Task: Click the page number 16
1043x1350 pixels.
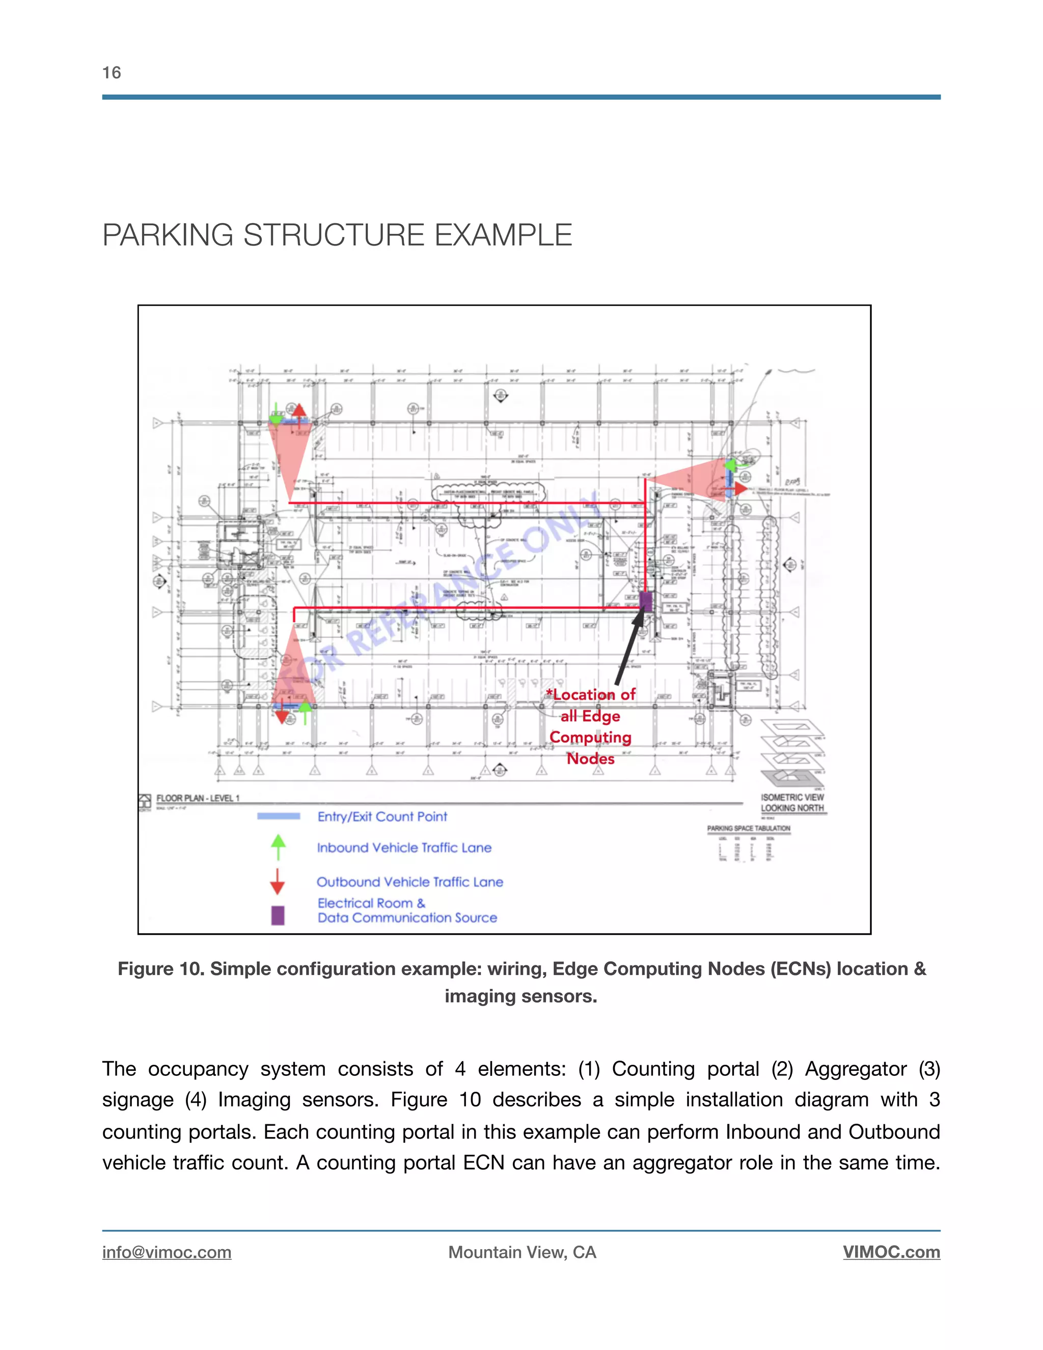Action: click(x=112, y=73)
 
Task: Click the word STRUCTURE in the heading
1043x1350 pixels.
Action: click(x=334, y=235)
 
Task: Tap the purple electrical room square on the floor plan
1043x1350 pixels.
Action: click(x=646, y=601)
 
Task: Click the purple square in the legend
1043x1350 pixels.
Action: click(x=278, y=915)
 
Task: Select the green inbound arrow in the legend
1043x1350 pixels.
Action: click(x=279, y=847)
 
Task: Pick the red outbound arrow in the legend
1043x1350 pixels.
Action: click(x=278, y=881)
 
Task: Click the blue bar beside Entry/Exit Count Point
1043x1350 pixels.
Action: click(x=279, y=817)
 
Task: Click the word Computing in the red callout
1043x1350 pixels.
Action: click(x=590, y=738)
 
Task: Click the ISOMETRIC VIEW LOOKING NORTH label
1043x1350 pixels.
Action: click(x=792, y=803)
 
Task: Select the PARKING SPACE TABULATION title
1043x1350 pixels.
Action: click(x=748, y=828)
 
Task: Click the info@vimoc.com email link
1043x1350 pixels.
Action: click(x=167, y=1252)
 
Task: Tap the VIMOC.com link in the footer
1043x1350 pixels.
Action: click(x=891, y=1252)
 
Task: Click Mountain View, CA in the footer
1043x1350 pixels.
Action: click(x=522, y=1252)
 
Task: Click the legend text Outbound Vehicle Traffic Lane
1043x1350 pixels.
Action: click(x=409, y=882)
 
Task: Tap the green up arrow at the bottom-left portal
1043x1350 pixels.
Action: click(x=305, y=713)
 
